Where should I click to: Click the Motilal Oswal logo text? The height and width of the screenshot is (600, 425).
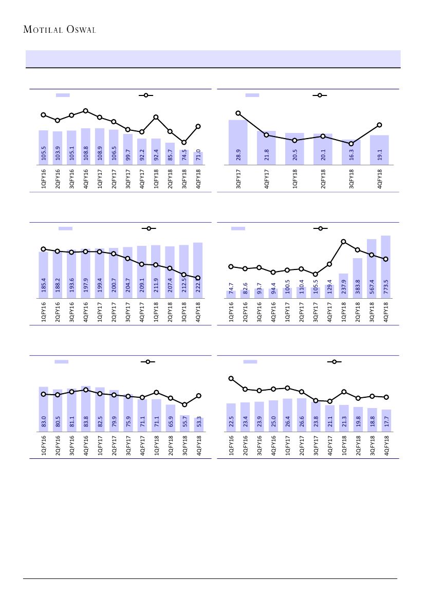(60, 30)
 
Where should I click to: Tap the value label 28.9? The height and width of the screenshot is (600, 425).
(238, 154)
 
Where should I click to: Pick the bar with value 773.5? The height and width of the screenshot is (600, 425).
(386, 266)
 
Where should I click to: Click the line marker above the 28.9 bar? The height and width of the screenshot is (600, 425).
(238, 113)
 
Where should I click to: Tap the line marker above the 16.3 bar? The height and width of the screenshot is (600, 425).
(351, 144)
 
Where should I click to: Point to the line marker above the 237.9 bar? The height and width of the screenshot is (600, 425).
(343, 242)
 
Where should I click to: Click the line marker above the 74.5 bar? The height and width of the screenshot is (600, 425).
(184, 142)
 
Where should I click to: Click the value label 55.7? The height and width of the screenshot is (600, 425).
(184, 423)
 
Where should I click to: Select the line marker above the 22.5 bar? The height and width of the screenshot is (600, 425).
(231, 378)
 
